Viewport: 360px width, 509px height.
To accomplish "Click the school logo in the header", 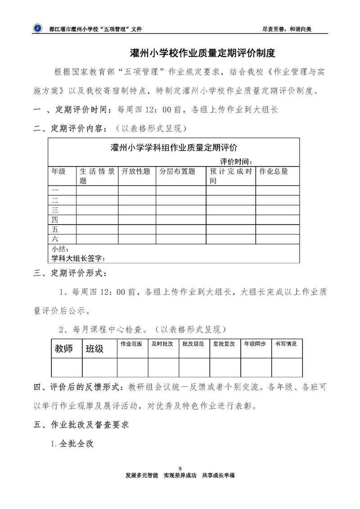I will [x=36, y=28].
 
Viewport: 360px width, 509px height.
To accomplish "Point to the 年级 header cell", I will [x=58, y=171].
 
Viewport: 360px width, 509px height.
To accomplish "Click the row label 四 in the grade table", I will [x=55, y=220].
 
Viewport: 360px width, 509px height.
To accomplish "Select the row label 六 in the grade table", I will [x=55, y=239].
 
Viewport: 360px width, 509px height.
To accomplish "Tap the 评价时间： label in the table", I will [x=236, y=162].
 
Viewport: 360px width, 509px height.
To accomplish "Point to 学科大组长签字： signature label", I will [x=79, y=258].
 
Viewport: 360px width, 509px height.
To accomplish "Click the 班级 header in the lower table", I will [x=95, y=348].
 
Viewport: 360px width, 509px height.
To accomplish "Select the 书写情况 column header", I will [x=286, y=344].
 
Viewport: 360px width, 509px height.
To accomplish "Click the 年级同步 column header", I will [x=255, y=344].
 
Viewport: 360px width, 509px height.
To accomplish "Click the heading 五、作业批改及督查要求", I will [x=82, y=424].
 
